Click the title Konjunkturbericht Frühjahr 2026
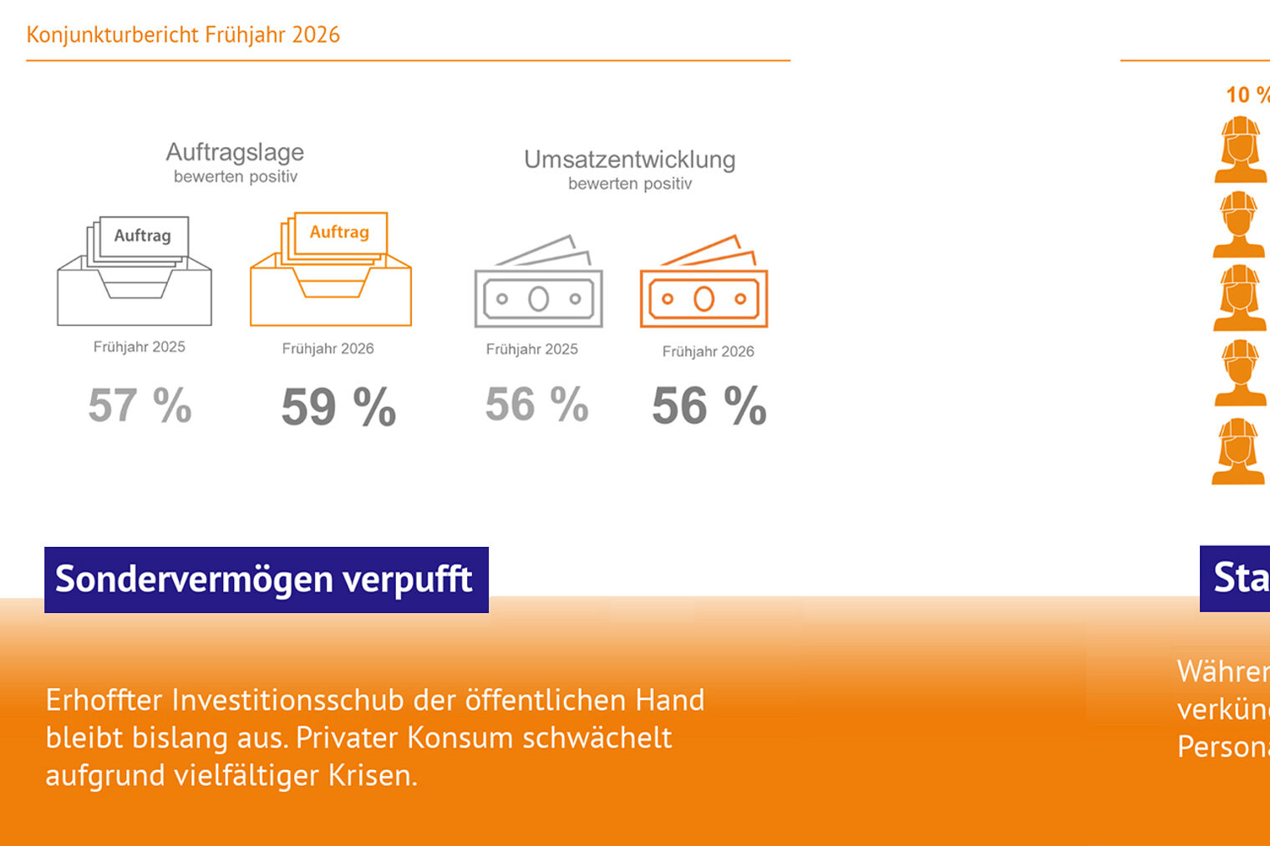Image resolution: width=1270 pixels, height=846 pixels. [183, 35]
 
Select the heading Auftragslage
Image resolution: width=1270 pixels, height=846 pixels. [235, 152]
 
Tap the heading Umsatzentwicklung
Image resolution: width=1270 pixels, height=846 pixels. [629, 160]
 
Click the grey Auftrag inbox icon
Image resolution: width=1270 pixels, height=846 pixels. [135, 271]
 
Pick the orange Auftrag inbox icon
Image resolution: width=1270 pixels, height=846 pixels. [331, 269]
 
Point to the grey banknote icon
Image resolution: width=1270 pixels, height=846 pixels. [538, 284]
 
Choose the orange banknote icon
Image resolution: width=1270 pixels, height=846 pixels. [704, 284]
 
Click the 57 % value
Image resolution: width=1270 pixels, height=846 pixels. [140, 406]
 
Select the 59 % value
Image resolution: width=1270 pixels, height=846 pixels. [338, 408]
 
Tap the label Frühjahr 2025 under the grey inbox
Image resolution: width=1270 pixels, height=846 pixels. [140, 347]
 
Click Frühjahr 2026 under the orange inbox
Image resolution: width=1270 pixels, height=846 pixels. [328, 348]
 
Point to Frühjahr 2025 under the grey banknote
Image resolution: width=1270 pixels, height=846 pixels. [532, 349]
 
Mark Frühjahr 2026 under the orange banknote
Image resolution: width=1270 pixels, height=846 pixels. [709, 352]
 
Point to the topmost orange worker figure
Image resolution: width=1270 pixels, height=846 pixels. [1240, 150]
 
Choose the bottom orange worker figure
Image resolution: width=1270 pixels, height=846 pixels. [1238, 452]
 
